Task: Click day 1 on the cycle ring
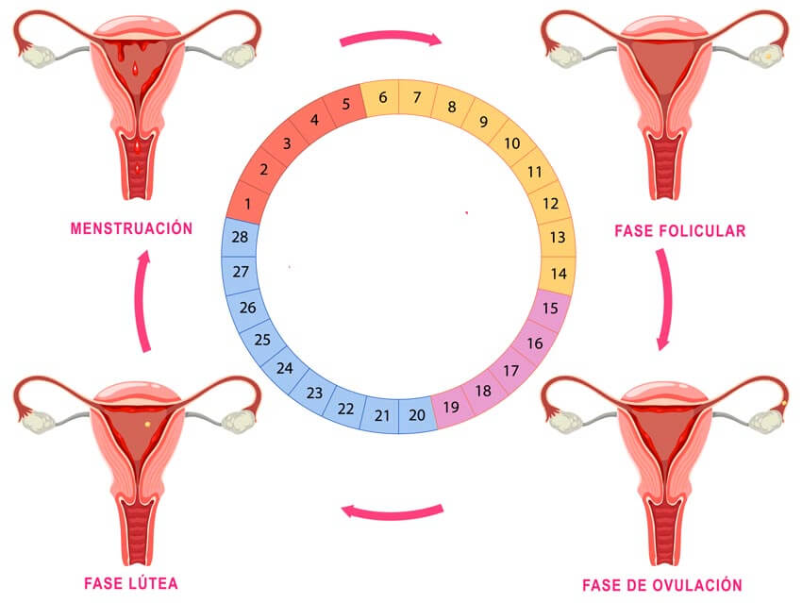tap(247, 204)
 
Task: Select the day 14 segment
tap(558, 274)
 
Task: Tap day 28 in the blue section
tap(240, 237)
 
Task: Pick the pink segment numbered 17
tap(511, 370)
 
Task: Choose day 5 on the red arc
tap(345, 104)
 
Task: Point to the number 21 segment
tap(381, 415)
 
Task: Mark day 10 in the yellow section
tap(512, 143)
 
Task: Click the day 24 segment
tap(284, 368)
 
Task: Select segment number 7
tap(417, 97)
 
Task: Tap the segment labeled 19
tap(451, 407)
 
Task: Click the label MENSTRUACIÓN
tap(131, 228)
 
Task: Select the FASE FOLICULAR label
tap(679, 230)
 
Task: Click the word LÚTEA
tap(153, 583)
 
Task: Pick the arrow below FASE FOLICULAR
tap(667, 299)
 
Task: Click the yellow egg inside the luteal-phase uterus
tap(147, 424)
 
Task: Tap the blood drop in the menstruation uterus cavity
tap(135, 68)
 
